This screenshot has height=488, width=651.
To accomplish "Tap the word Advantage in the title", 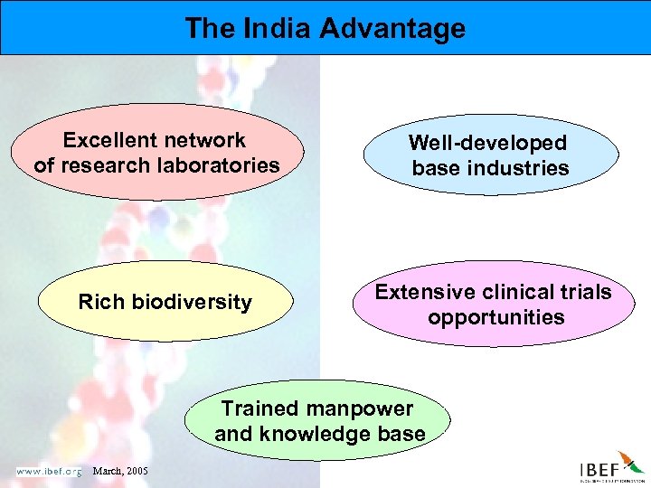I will (x=392, y=29).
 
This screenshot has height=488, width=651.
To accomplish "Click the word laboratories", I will (x=218, y=165).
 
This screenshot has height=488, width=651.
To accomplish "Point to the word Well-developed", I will (x=487, y=143).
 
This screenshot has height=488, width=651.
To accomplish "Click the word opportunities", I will (x=495, y=317).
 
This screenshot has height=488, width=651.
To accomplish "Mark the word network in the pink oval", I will (x=204, y=140).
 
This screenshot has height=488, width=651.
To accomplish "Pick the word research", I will (x=111, y=165).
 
